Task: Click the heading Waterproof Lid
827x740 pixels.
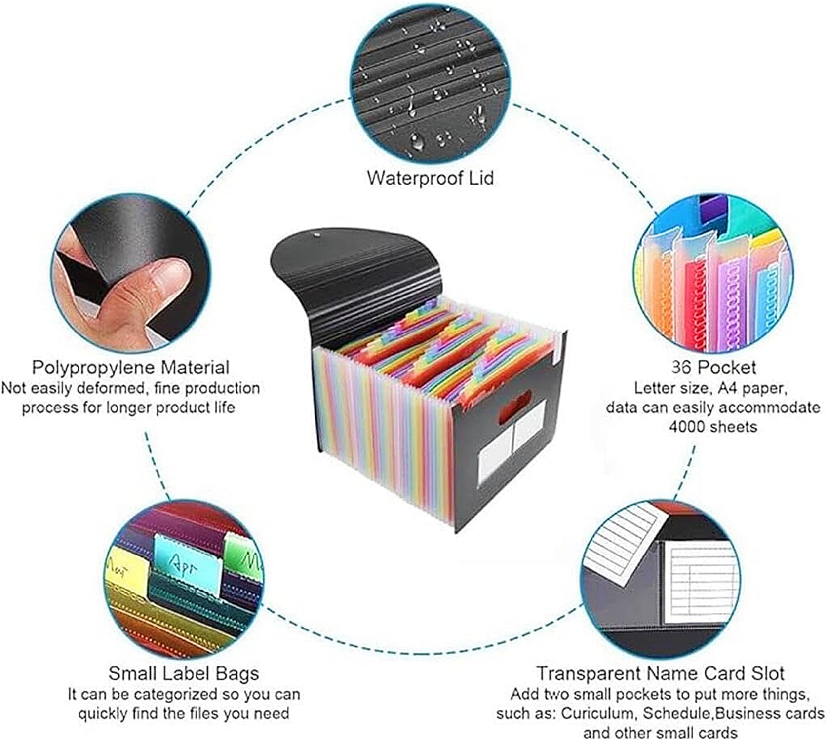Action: (430, 178)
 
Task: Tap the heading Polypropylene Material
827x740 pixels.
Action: (131, 368)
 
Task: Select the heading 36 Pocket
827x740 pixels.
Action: (713, 368)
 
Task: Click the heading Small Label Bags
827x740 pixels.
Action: (184, 673)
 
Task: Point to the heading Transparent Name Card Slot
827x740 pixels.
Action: (661, 673)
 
